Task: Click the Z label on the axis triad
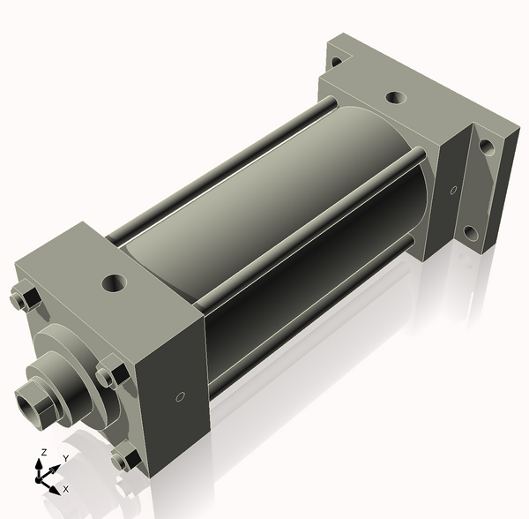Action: click(x=41, y=452)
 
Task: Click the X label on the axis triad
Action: click(x=66, y=488)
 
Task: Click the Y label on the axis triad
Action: click(x=64, y=459)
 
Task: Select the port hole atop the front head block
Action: click(x=114, y=283)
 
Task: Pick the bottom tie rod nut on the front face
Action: click(x=126, y=459)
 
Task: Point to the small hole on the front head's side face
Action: click(x=179, y=397)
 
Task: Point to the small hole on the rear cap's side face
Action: click(x=453, y=190)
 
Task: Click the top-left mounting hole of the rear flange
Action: click(x=336, y=63)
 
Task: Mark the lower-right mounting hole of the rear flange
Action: click(x=473, y=235)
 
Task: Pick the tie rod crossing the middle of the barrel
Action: click(x=300, y=238)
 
